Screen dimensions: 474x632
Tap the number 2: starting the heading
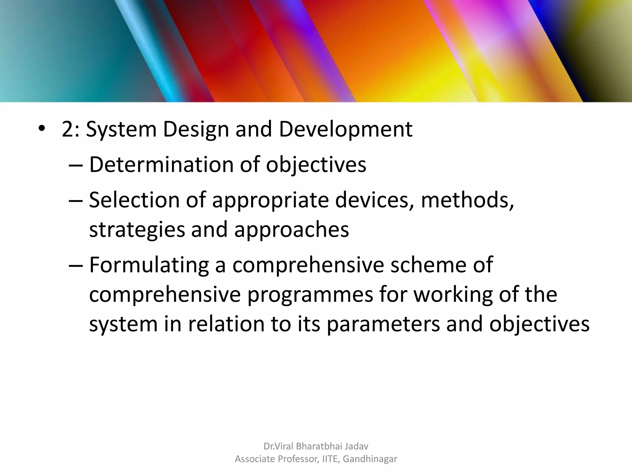71,129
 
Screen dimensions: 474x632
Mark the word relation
226,324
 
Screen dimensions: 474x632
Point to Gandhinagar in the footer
370,459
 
